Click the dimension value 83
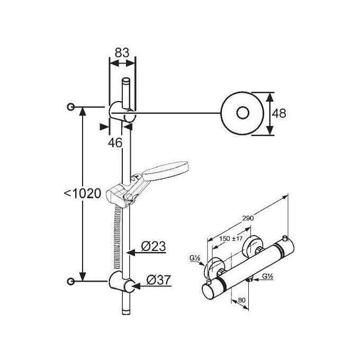[122, 52]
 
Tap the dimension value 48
[279, 113]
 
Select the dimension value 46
[115, 143]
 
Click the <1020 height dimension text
[83, 194]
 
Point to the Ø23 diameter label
[154, 246]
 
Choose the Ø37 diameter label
[159, 280]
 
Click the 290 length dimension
[248, 218]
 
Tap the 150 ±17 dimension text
[230, 239]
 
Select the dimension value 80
[242, 300]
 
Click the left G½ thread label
[195, 258]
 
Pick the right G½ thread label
[267, 276]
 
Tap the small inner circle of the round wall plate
[242, 113]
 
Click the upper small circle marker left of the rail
[71, 107]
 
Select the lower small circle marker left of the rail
[71, 281]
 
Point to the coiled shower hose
[118, 237]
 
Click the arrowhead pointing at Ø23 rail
[131, 253]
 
